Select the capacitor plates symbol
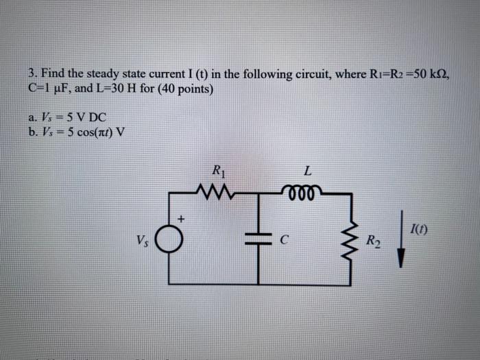pos(259,239)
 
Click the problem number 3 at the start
pos(32,73)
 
